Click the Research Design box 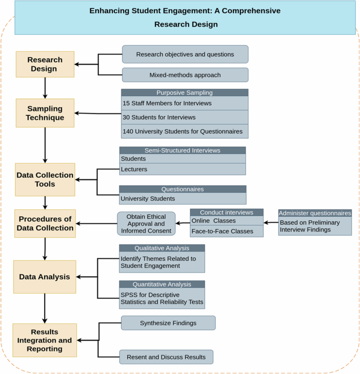(45, 64)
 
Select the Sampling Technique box (45, 113)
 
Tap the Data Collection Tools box (45, 179)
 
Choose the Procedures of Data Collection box (45, 224)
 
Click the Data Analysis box (45, 277)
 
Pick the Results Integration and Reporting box (45, 340)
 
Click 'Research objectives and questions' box (185, 54)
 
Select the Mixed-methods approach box (185, 75)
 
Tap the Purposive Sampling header (184, 93)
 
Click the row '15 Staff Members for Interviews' (184, 103)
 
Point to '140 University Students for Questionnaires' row (184, 131)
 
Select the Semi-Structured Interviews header (182, 150)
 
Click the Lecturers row (182, 169)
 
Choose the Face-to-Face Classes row (227, 231)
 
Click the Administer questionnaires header (315, 213)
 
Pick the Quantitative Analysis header (161, 284)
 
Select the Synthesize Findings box (168, 323)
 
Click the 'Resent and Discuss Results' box (166, 357)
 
